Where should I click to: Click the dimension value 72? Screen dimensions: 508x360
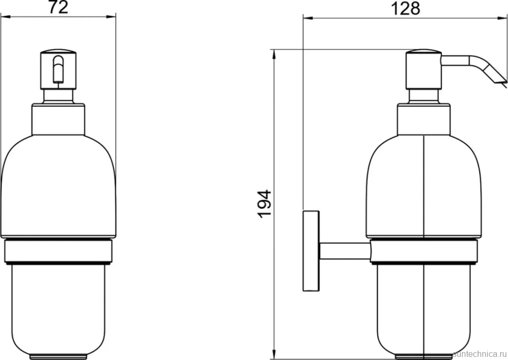click(58, 7)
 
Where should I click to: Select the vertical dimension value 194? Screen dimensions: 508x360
click(265, 204)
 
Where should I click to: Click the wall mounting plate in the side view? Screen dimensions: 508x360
click(311, 251)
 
